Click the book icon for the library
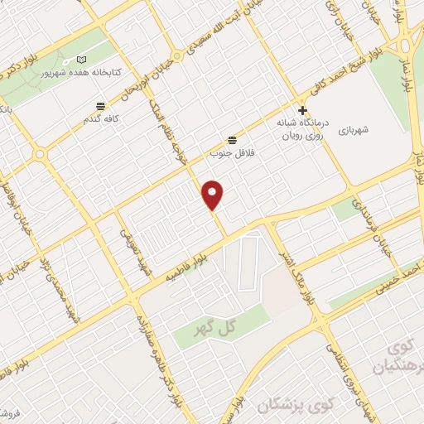(81, 60)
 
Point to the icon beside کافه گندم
(100, 107)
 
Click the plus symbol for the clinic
(303, 109)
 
